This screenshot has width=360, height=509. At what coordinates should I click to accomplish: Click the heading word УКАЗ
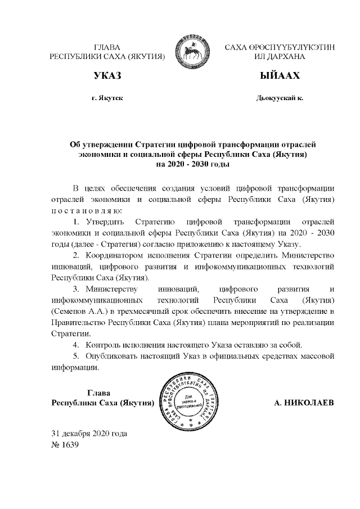pyautogui.click(x=107, y=76)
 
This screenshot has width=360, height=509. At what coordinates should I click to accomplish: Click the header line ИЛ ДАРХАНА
pyautogui.click(x=280, y=57)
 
